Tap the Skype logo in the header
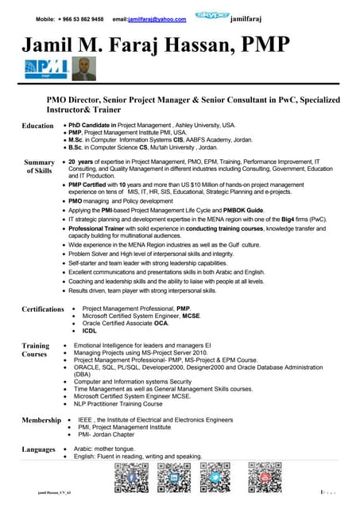click(214, 16)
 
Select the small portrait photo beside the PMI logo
click(83, 69)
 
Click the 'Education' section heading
click(37, 126)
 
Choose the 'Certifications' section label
click(43, 309)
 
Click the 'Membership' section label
click(41, 419)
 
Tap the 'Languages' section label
click(40, 450)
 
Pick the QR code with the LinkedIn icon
click(172, 480)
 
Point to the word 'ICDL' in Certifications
click(90, 330)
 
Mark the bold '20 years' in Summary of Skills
click(83, 161)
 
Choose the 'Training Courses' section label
click(36, 351)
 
